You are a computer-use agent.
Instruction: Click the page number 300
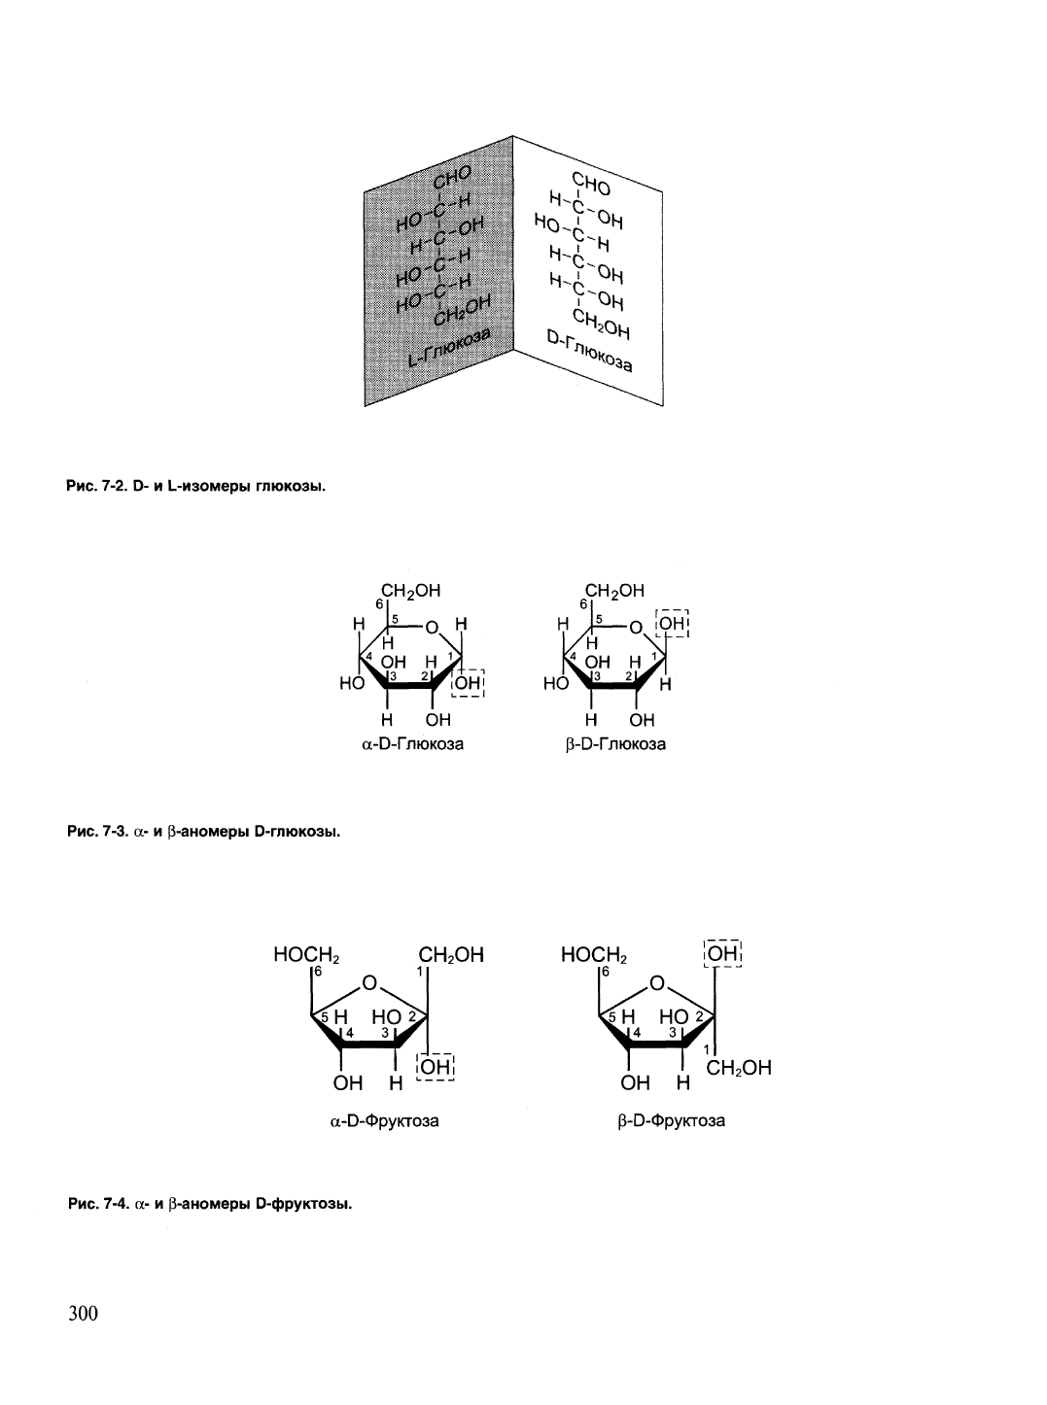point(83,1313)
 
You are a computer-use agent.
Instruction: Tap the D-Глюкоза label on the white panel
point(589,351)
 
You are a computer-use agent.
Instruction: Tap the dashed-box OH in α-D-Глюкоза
point(468,683)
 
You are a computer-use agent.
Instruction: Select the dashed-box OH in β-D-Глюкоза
point(672,624)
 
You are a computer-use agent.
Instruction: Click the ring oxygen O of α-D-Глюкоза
point(432,628)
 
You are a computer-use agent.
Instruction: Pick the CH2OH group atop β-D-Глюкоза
point(614,591)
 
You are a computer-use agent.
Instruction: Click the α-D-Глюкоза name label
point(412,743)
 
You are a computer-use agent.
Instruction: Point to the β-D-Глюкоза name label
point(615,743)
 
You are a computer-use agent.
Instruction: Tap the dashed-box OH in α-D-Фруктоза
point(436,1067)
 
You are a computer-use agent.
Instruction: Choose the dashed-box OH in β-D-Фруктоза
point(722,953)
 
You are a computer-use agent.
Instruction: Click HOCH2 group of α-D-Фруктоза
point(306,954)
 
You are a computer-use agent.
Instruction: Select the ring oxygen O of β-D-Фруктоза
point(657,983)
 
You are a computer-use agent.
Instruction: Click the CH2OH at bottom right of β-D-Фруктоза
point(739,1068)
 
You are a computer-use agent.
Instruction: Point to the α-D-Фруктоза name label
point(385,1121)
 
